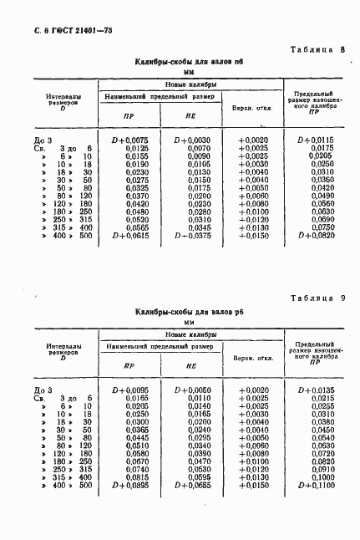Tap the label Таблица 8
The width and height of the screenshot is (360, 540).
[x=322, y=49]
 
